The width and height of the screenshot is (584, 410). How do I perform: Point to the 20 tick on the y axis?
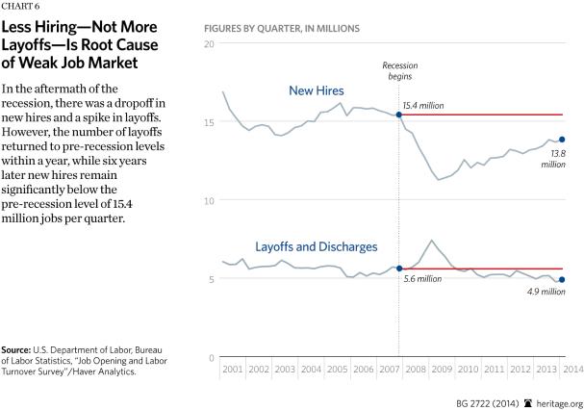(210, 45)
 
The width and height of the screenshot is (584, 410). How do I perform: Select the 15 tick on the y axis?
(210, 122)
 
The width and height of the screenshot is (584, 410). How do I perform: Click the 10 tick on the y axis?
(210, 201)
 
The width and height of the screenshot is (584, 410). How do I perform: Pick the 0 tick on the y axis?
(213, 357)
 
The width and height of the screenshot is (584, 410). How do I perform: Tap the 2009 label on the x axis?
(441, 370)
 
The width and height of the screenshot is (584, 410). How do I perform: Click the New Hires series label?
(316, 91)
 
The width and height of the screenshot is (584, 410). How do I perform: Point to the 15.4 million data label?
(431, 105)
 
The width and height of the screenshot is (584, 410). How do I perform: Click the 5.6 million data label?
(423, 278)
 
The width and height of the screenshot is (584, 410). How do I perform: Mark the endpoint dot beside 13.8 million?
(562, 140)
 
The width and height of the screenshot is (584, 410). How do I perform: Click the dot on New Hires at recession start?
(399, 115)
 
